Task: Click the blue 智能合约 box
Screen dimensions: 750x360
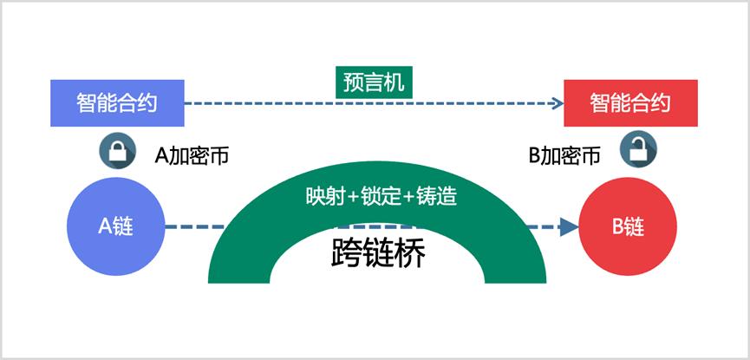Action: point(117,103)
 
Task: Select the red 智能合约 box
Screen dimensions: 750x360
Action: point(631,103)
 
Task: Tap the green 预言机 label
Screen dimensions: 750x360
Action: point(374,82)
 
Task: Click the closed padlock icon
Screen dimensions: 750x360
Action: point(117,151)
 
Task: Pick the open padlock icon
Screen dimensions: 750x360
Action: point(638,149)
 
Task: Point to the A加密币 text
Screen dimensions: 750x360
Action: point(192,156)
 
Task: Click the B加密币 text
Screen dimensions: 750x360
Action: point(565,155)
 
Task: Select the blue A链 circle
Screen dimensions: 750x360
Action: point(116,226)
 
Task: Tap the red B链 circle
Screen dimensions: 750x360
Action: point(628,226)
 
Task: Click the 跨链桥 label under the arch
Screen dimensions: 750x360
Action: point(378,254)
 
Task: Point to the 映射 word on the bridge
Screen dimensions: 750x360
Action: point(325,196)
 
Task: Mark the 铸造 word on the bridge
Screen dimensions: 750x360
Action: point(437,196)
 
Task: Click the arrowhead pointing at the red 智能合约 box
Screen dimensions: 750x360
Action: point(558,103)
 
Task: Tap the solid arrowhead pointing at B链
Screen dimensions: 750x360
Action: point(569,226)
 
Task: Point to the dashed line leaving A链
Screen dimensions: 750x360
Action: point(194,226)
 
